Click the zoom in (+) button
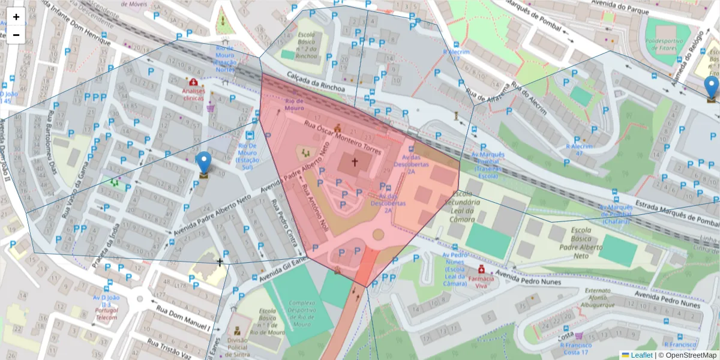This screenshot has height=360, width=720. pyautogui.click(x=16, y=17)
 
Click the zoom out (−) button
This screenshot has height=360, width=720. pyautogui.click(x=16, y=35)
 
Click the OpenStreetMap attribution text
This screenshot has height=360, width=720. pyautogui.click(x=690, y=355)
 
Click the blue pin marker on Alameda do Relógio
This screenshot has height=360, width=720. pyautogui.click(x=712, y=89)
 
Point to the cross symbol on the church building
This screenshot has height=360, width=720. pyautogui.click(x=354, y=162)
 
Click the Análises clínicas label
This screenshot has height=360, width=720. pyautogui.click(x=193, y=94)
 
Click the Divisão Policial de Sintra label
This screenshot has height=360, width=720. pyautogui.click(x=237, y=346)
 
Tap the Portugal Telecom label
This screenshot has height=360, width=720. pyautogui.click(x=107, y=314)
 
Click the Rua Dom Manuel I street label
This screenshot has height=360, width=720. pyautogui.click(x=183, y=318)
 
